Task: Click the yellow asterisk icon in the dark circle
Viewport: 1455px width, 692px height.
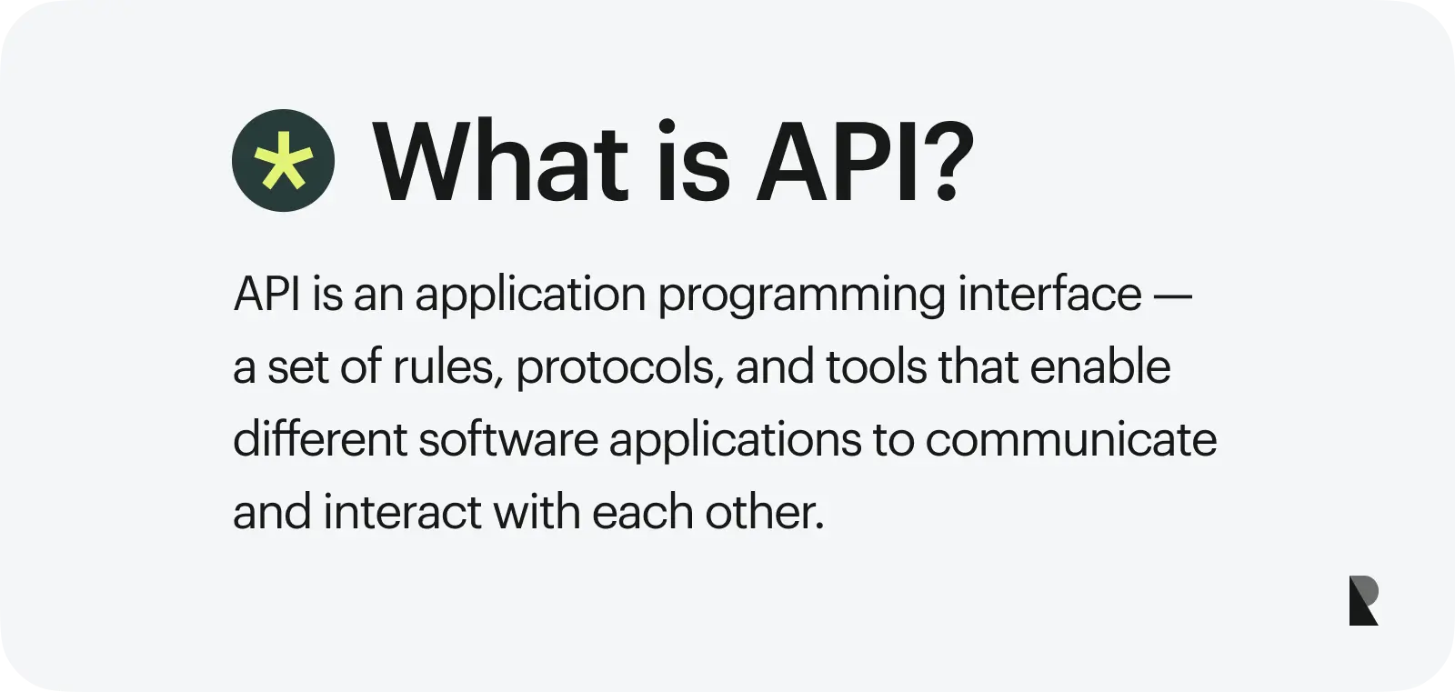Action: pyautogui.click(x=283, y=160)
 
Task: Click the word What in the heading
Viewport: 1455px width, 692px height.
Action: pyautogui.click(x=500, y=161)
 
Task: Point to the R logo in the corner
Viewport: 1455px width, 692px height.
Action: pyautogui.click(x=1363, y=600)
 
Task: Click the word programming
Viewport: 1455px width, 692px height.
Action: pyautogui.click(x=802, y=296)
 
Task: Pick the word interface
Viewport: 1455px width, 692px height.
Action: pyautogui.click(x=1049, y=294)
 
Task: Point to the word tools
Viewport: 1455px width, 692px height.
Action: pyautogui.click(x=877, y=366)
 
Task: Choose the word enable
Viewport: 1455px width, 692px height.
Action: pyautogui.click(x=1100, y=366)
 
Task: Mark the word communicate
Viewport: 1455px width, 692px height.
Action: pyautogui.click(x=1071, y=440)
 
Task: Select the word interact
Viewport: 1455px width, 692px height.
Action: pyautogui.click(x=402, y=511)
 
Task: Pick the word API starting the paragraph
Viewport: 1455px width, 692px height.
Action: pyautogui.click(x=267, y=295)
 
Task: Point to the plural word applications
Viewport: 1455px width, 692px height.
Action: pyautogui.click(x=736, y=440)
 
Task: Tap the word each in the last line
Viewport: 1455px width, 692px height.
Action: pyautogui.click(x=643, y=511)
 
